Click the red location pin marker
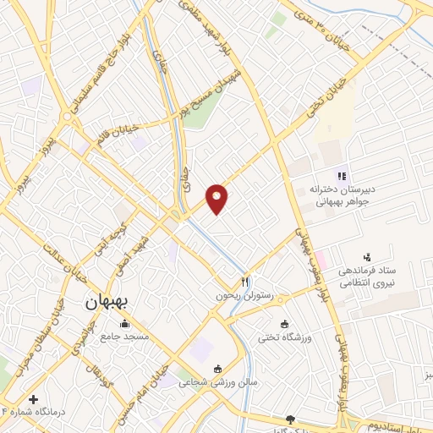point(218,197)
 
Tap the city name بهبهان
point(107,302)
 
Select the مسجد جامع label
point(126,335)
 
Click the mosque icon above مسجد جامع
point(125,322)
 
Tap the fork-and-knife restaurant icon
point(245,282)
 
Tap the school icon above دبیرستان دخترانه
point(341,177)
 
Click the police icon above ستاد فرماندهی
point(367,256)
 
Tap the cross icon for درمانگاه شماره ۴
point(33,399)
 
